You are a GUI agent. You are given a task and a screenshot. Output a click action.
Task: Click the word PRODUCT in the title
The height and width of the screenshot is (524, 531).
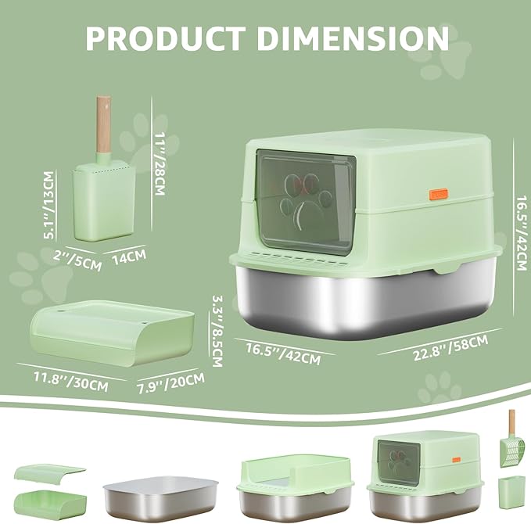[x=166, y=38]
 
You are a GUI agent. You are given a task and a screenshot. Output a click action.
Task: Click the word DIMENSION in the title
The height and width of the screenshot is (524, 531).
[x=353, y=38]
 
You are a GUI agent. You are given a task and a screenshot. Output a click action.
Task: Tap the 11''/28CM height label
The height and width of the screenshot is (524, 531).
[x=160, y=163]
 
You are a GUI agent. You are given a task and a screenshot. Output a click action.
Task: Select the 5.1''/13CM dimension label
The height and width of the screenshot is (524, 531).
[x=49, y=205]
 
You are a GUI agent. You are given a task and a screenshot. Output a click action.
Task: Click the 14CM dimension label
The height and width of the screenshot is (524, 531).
[x=129, y=257]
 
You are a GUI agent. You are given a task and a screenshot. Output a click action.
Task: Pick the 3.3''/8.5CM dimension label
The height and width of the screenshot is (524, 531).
[x=217, y=331]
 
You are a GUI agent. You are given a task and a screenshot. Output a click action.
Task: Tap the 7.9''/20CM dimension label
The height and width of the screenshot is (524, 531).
[x=170, y=383]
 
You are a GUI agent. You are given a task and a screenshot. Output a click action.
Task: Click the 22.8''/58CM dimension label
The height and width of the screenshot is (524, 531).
[x=450, y=347]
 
